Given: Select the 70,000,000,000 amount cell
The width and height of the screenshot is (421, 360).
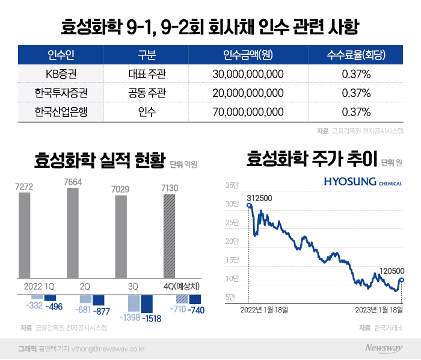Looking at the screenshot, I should pos(248,111).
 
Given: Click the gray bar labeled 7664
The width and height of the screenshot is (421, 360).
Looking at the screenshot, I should pos(73,232).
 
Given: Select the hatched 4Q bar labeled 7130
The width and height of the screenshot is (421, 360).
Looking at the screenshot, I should pos(170,234).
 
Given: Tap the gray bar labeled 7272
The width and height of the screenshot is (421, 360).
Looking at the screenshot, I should pos(24,234).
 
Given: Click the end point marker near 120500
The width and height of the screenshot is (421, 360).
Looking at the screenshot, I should pos(401,279).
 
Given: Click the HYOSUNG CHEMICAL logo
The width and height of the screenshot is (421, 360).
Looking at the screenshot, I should pos(363,181).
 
